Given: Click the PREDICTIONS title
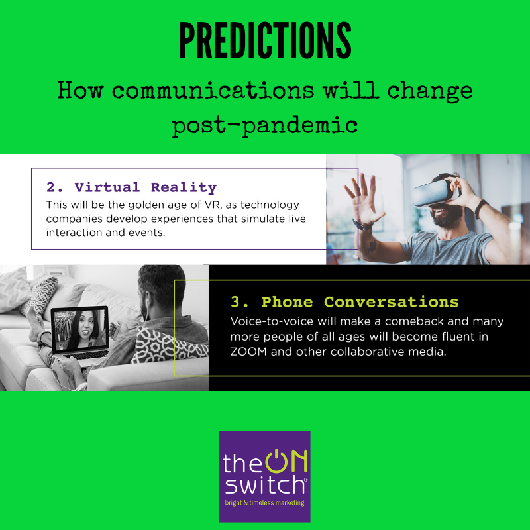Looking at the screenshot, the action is point(265,40).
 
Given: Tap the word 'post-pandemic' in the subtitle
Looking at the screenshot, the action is point(265,125).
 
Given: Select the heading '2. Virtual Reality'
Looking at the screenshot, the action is point(131,187).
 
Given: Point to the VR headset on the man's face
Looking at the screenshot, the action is point(435,192).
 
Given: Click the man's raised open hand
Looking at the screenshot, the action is point(363,199).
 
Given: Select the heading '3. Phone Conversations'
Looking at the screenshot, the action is point(344,302).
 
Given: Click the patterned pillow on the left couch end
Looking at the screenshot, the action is point(40,293).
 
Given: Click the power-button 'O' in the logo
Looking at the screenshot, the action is point(276,461).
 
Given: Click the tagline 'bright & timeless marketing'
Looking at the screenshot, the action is point(264,503).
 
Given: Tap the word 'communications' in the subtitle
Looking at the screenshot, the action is point(213,91).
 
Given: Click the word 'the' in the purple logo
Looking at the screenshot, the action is point(243,462).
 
